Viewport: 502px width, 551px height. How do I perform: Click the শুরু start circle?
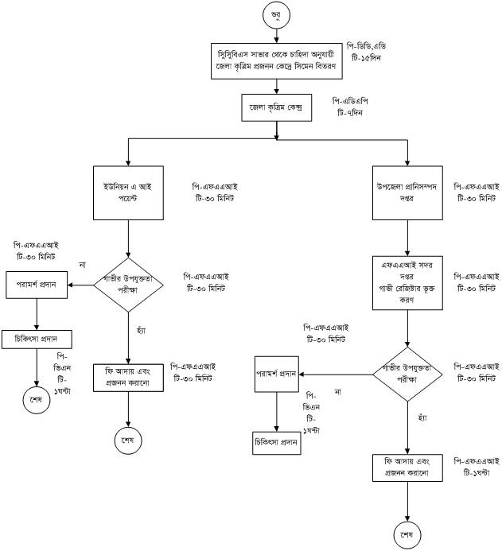[275, 15]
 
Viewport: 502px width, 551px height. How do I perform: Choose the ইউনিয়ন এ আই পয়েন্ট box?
[128, 192]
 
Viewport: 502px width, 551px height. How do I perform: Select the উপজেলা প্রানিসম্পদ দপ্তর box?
[408, 192]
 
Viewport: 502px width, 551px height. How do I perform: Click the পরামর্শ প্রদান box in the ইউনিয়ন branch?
[37, 283]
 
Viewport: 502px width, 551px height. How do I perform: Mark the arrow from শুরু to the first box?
[275, 33]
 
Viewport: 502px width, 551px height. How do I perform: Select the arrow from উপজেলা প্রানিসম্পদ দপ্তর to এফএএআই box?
[408, 236]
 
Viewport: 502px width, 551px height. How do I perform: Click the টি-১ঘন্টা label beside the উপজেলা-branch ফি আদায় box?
[470, 471]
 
